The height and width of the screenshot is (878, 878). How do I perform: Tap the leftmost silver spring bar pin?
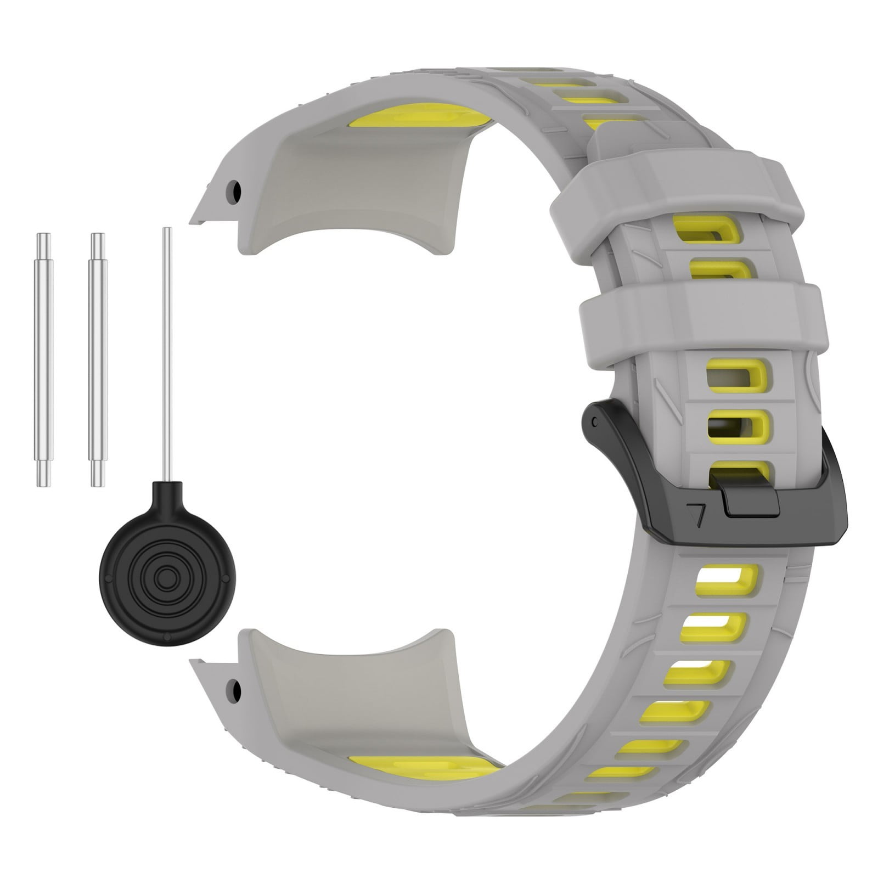(x=43, y=359)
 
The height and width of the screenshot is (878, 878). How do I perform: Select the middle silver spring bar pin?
(x=97, y=359)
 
